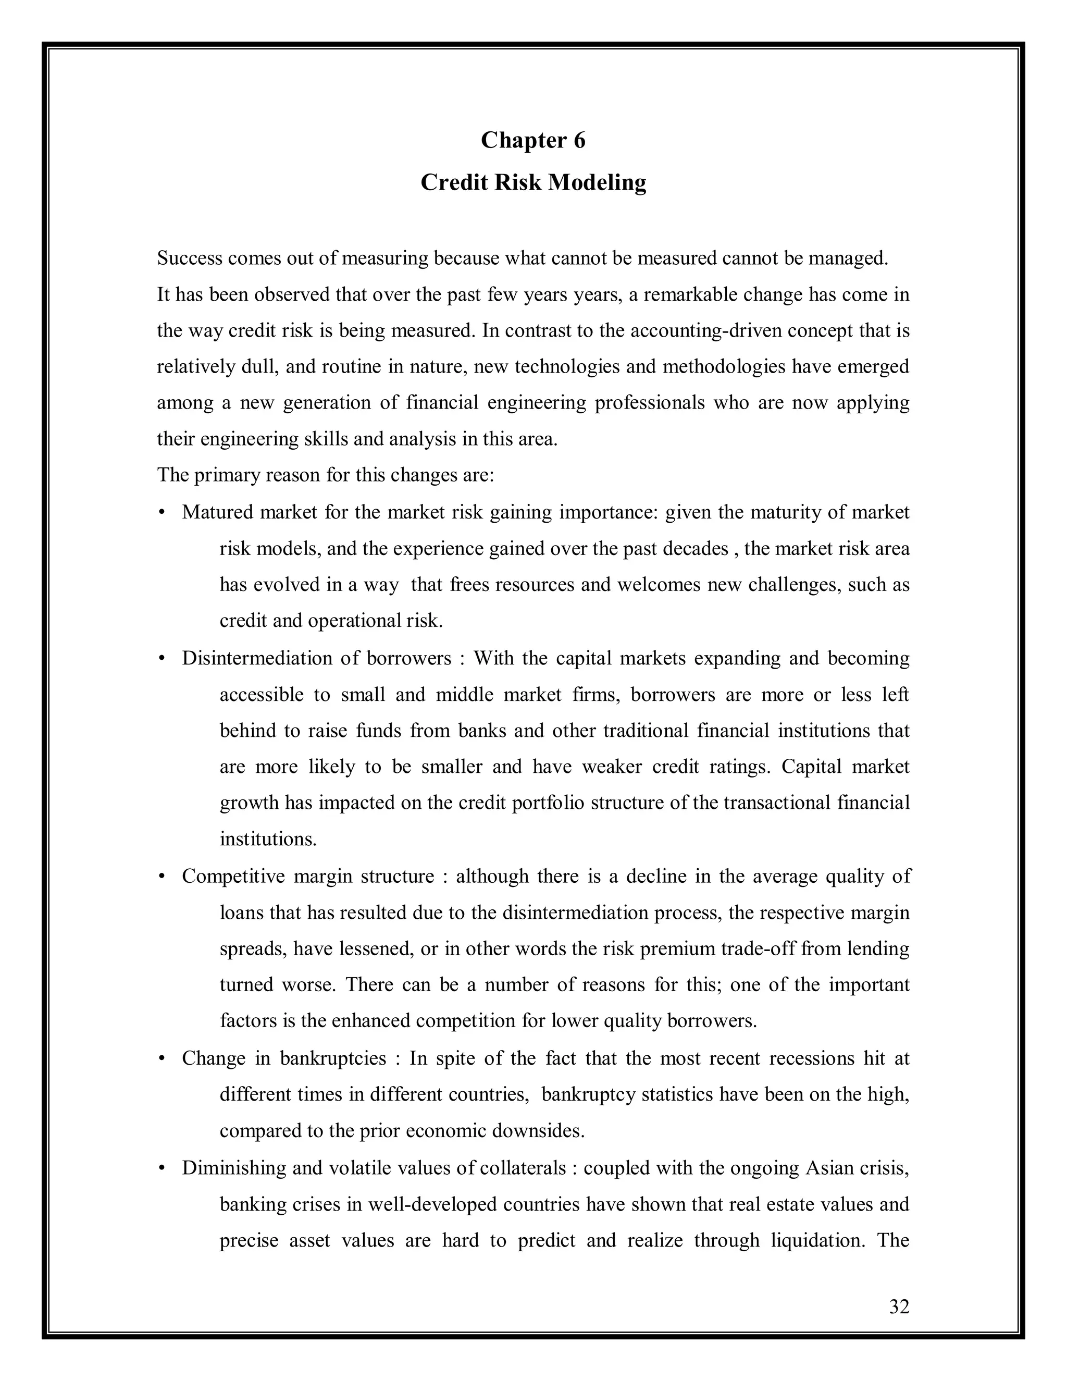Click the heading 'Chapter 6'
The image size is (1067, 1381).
(x=533, y=140)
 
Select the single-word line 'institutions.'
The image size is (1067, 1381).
(x=268, y=840)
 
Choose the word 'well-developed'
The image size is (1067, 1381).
(x=432, y=1204)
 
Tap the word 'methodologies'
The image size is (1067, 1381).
(x=724, y=367)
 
